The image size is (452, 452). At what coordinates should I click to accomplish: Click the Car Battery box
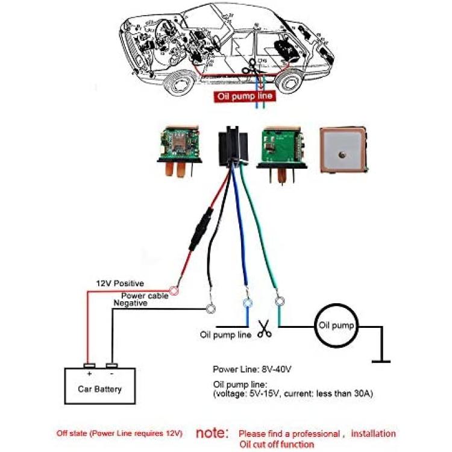[x=99, y=386]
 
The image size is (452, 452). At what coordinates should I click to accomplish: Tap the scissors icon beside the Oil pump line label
[x=265, y=328]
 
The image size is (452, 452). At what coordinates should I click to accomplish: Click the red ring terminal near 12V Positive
[x=174, y=291]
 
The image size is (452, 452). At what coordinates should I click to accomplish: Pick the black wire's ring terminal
[x=211, y=309]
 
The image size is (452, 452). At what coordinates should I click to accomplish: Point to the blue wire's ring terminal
[x=247, y=303]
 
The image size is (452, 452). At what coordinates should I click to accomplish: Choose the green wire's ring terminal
[x=279, y=301]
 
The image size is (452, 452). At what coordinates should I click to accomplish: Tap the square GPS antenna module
[x=343, y=150]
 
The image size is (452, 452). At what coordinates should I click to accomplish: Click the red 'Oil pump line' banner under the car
[x=245, y=96]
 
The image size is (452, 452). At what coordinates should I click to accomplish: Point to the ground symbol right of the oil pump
[x=381, y=361]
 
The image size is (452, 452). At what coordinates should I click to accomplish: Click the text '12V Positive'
[x=120, y=283]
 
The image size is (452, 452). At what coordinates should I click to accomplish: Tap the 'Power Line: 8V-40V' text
[x=252, y=369]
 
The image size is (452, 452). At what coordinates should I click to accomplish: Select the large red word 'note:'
[x=212, y=432]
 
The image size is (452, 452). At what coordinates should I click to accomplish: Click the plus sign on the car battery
[x=89, y=374]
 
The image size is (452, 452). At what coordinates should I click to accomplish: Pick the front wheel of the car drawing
[x=179, y=83]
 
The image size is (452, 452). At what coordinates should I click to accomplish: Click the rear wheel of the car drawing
[x=290, y=81]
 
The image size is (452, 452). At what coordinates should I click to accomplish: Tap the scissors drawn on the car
[x=250, y=67]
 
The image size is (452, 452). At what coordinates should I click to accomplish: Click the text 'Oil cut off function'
[x=277, y=444]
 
